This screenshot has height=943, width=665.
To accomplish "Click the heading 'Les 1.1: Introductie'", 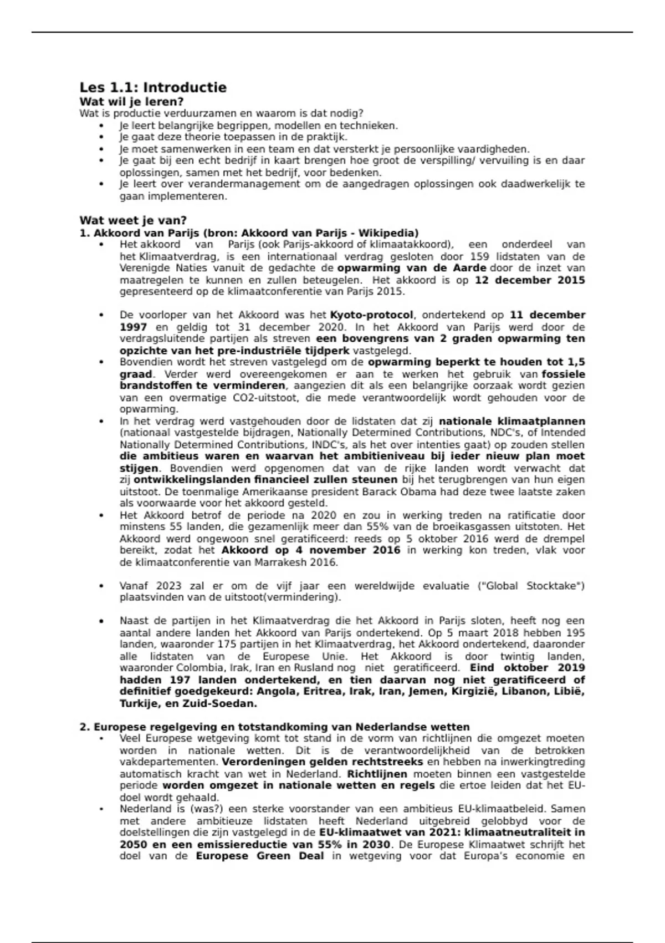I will coord(153,88).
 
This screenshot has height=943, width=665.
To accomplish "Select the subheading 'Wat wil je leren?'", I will coord(131,102).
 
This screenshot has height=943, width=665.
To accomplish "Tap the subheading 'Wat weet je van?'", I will coord(133,220).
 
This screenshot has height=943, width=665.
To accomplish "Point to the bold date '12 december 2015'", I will coord(529,280).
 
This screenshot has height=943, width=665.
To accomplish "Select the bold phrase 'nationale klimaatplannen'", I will coord(511,421).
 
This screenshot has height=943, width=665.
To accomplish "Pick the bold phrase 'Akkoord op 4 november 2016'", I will coord(310,550).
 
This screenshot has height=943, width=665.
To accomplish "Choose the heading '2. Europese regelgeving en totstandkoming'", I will coord(274,727).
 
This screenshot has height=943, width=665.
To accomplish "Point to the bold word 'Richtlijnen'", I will coord(377,774).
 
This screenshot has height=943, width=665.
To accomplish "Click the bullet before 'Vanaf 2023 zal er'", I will coord(101,586).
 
